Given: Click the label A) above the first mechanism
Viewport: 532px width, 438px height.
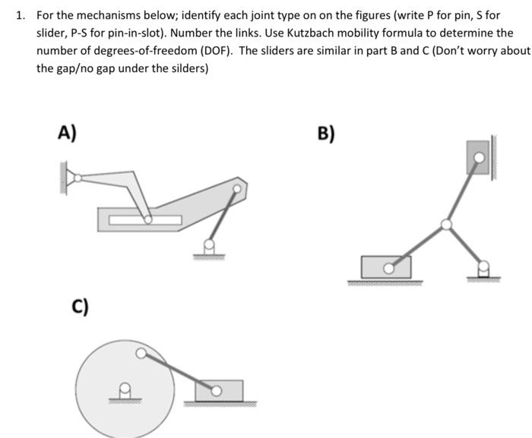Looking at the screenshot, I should coord(67,134).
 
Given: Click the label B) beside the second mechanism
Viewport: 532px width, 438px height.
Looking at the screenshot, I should coord(325,134).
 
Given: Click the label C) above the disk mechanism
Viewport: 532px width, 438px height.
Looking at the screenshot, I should coord(80,307).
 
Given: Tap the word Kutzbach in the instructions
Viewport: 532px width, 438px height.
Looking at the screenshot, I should coord(317,33).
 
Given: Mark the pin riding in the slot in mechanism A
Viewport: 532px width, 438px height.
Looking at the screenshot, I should coord(148,219).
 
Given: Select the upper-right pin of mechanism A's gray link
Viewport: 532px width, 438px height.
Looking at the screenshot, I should coord(237,189).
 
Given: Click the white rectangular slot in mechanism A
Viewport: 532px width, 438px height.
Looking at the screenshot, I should coord(144,220).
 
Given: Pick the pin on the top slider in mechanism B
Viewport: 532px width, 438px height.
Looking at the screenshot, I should coord(478,157).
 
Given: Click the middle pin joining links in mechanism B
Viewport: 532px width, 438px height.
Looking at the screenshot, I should coord(447,224).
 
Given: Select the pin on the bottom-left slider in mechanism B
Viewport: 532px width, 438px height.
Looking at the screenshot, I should coord(388,268).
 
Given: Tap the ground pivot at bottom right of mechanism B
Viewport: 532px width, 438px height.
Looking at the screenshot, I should coord(483,267).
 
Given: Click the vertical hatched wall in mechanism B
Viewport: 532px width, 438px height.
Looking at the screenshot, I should coord(495,156).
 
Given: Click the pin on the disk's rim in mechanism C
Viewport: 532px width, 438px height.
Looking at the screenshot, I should coord(141,353).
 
